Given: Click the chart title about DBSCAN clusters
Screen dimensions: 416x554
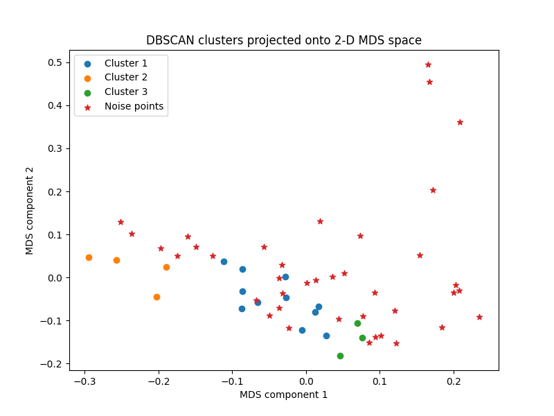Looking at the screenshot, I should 283,40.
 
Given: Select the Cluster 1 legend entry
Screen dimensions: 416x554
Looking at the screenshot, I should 125,63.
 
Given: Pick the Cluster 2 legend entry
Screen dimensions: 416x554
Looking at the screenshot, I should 125,78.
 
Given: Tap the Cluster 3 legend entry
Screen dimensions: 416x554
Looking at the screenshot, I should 125,92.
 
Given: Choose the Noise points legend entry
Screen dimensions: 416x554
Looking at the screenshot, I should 134,106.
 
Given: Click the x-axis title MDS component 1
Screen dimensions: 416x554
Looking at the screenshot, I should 283,395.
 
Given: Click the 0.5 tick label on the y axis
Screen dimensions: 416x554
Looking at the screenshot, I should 54,62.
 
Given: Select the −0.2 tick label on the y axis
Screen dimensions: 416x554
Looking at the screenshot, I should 51,364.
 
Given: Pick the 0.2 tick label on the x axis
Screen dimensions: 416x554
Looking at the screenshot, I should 454,381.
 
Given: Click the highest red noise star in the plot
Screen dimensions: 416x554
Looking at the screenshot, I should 428,64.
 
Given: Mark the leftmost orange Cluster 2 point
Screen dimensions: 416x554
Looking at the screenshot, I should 89,257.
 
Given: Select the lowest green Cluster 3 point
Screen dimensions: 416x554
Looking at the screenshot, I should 340,356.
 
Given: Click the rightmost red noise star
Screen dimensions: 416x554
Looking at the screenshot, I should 479,317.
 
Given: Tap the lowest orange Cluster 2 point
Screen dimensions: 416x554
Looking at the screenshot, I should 157,297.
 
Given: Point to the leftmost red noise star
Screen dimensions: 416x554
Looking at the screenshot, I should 120,222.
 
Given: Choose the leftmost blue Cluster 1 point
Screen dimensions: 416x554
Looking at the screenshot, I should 224,261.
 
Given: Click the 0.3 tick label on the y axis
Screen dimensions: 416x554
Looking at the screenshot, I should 54,148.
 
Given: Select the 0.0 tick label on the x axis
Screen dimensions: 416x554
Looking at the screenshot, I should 306,381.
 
